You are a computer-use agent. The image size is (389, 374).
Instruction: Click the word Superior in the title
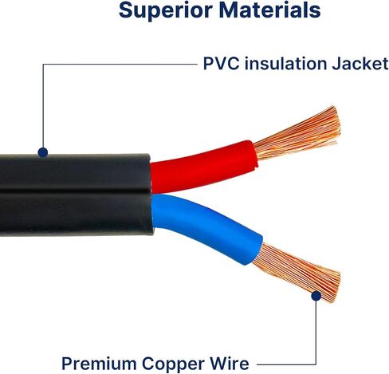tap(165, 10)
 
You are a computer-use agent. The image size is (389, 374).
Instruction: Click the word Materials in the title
tap(269, 10)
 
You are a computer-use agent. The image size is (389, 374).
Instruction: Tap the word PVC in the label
tap(221, 64)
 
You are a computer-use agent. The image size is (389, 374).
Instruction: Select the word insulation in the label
tap(285, 64)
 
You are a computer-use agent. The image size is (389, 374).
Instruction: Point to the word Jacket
tap(360, 64)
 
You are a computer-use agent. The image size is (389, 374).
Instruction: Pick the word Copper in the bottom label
tap(173, 364)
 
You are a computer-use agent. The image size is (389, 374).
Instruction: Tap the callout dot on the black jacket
tap(43, 152)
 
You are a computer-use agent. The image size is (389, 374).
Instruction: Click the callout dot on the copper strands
tap(316, 296)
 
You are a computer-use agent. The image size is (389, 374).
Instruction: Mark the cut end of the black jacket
tap(151, 195)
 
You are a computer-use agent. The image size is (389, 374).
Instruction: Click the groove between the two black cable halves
tap(74, 191)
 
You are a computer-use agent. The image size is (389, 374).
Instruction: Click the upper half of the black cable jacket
tap(74, 172)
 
